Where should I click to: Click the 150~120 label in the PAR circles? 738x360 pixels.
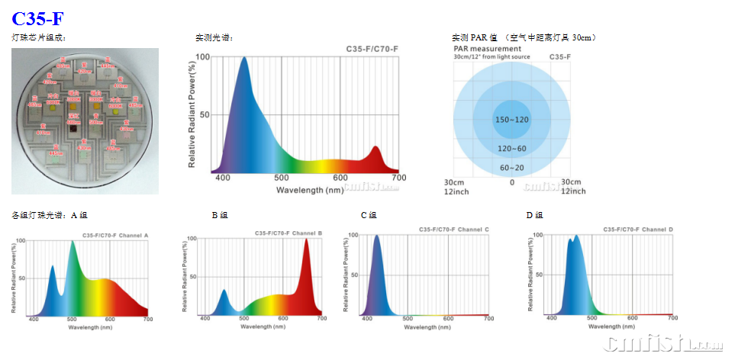512,121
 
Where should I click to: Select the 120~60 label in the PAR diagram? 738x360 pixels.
512,149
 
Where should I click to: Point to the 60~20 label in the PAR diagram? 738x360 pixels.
512,168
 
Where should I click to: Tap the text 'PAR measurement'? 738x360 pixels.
487,49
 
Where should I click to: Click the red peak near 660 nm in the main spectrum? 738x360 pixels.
375,149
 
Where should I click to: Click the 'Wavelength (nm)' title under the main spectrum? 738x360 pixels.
310,190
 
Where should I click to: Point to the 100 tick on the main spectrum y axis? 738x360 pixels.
203,57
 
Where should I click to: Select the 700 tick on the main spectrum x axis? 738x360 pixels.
398,178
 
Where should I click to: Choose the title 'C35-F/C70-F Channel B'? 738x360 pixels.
288,232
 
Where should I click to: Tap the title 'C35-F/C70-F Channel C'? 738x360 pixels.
454,230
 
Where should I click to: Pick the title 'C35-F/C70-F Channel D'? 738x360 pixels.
638,230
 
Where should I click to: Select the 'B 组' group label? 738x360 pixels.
220,216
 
